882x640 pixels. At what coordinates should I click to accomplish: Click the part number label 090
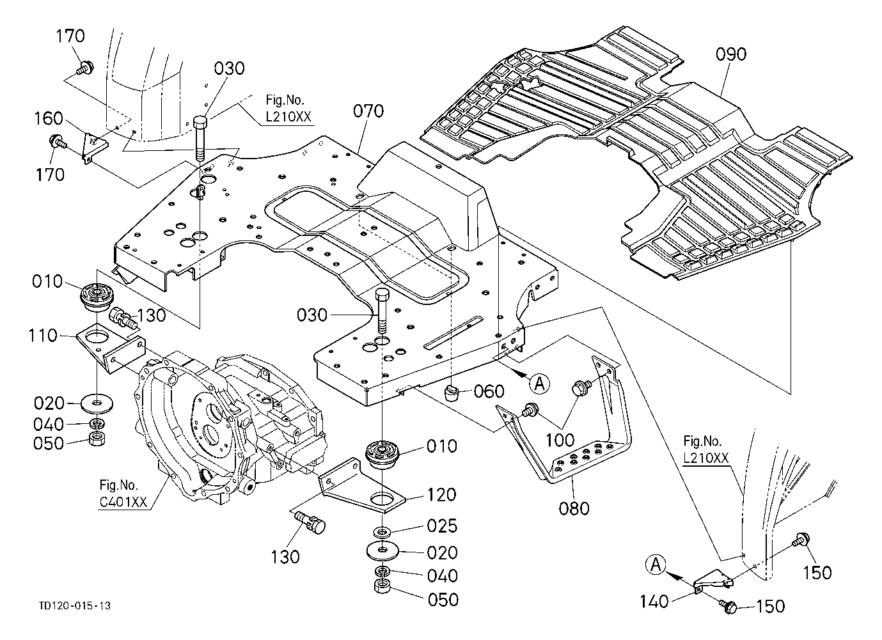click(x=730, y=54)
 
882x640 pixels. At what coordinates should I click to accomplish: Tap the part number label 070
click(x=368, y=111)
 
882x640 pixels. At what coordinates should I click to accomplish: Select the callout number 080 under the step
click(x=574, y=509)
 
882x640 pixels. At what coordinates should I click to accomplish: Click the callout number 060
click(x=489, y=391)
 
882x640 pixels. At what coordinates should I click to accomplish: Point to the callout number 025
click(x=443, y=526)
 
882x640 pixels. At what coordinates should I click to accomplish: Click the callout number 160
click(x=49, y=118)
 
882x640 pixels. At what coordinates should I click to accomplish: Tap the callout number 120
click(x=443, y=494)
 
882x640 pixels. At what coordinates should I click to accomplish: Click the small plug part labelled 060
click(x=453, y=391)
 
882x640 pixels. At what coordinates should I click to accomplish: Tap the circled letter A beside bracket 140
click(x=656, y=565)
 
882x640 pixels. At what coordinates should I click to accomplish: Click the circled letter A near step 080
click(x=540, y=383)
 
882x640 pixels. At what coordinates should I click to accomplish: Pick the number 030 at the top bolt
click(x=229, y=68)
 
